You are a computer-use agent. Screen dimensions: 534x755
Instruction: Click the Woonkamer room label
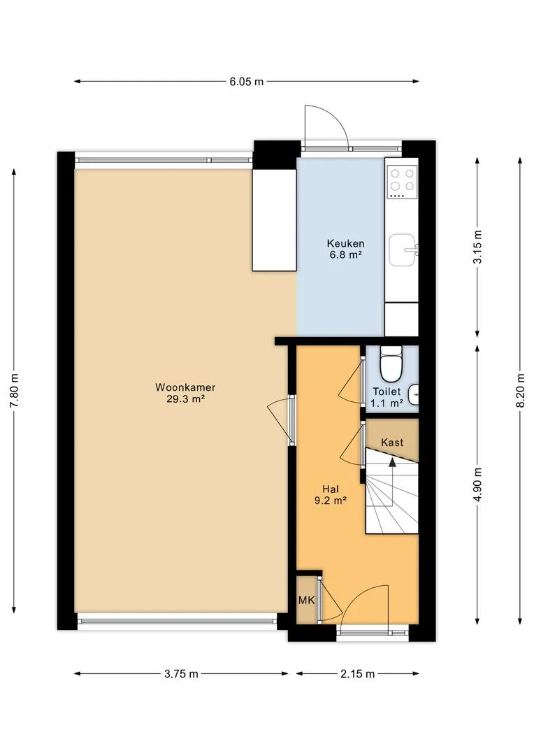pos(185,387)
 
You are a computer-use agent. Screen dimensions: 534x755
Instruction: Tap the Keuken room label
pos(345,244)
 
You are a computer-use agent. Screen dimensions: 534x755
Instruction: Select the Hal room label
pos(331,489)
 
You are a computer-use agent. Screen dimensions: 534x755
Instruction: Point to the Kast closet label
pos(392,442)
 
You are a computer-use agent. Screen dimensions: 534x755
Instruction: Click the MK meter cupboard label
pos(306,600)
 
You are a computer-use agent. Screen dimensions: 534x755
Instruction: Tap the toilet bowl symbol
pos(391,364)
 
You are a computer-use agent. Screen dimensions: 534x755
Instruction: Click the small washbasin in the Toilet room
pos(413,395)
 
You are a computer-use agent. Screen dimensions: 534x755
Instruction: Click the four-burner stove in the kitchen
pos(403,182)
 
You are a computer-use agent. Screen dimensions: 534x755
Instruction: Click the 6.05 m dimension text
pos(247,82)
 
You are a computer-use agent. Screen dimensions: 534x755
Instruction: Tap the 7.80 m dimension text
pos(15,391)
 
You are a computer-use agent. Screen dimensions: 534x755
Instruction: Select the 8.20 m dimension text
pos(520,391)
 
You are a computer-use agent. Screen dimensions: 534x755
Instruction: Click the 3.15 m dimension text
pos(477,247)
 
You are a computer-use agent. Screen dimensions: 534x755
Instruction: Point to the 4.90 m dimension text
pos(477,484)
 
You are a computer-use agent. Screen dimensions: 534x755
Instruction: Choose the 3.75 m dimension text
pos(182,674)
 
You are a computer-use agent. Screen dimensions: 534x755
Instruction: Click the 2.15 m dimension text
pos(358,674)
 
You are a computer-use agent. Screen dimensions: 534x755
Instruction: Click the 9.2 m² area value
pos(331,501)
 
